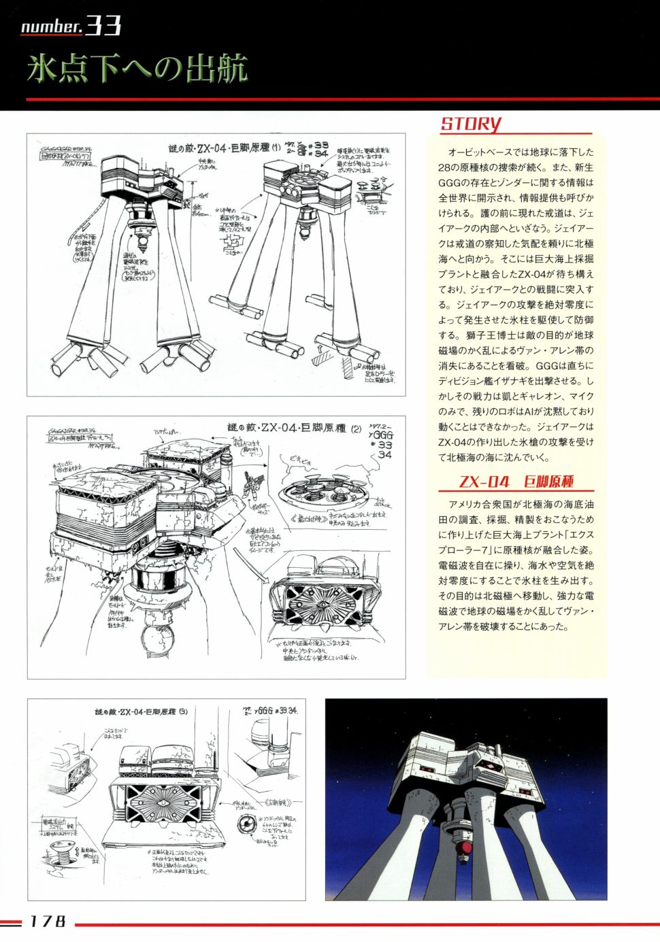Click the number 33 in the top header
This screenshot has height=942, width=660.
(x=103, y=26)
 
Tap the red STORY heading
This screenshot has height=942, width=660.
(x=471, y=124)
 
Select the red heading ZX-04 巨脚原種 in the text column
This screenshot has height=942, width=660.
(x=516, y=482)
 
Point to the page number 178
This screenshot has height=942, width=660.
(x=48, y=922)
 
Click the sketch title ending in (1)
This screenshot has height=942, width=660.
(x=224, y=148)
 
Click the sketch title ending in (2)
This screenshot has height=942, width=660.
(x=294, y=428)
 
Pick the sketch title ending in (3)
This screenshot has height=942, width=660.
(x=141, y=711)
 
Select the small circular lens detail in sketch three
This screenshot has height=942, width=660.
(x=246, y=825)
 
